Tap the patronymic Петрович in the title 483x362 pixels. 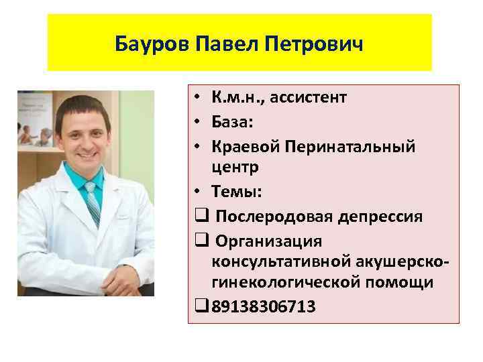(315, 45)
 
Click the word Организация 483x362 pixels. (266, 241)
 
